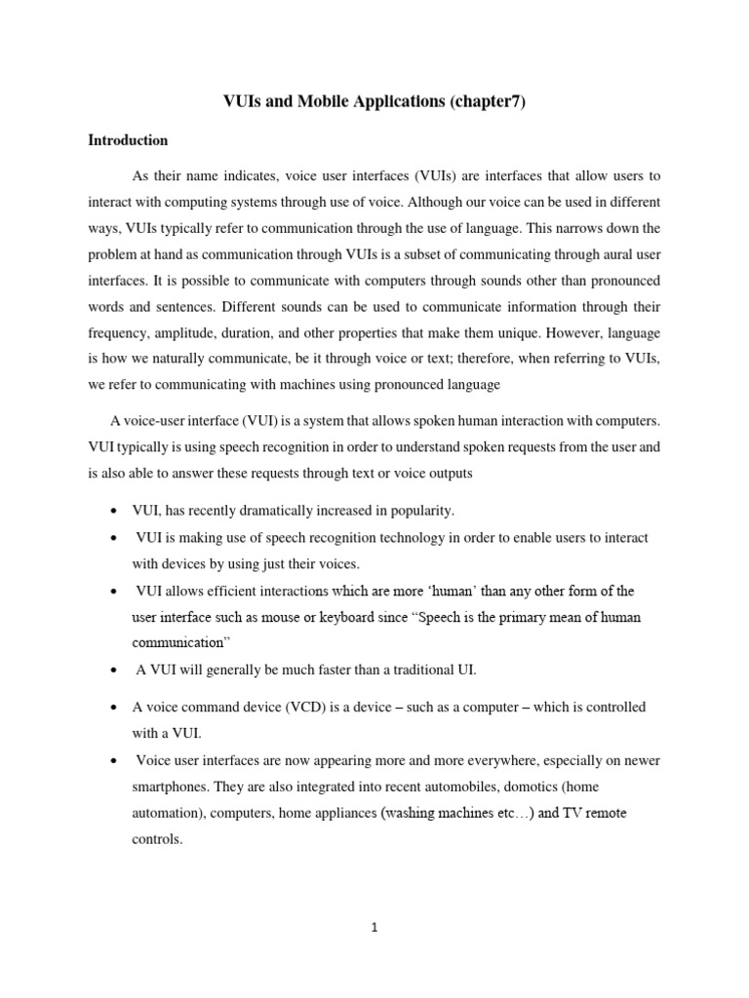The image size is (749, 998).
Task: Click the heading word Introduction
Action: coord(128,140)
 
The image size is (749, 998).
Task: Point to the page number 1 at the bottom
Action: coord(374,927)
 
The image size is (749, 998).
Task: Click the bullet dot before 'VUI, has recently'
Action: coord(116,512)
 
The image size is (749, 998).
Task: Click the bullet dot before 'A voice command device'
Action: coord(116,708)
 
